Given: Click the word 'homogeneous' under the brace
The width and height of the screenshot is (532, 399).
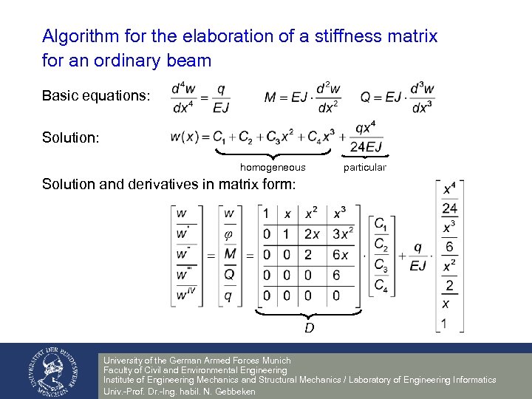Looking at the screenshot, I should tap(273, 168).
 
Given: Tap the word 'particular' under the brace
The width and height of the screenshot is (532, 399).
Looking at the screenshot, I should tap(365, 168).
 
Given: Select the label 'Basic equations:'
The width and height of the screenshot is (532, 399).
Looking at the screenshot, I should tap(96, 96).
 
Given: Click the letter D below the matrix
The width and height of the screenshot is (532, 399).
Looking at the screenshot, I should tap(310, 327).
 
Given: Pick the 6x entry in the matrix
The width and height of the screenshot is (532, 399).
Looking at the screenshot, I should tap(340, 255).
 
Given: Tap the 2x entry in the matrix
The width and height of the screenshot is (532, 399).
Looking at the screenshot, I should tap(311, 234).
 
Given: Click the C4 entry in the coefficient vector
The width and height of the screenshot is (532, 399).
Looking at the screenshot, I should tap(381, 284).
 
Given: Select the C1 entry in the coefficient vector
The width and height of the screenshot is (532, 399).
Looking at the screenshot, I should tap(381, 224).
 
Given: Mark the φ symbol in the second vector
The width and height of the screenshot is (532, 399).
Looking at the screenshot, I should tap(228, 234).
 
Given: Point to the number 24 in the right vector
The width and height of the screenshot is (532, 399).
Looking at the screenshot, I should tap(449, 208).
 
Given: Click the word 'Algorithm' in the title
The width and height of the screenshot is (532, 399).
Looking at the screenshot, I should tap(80, 36).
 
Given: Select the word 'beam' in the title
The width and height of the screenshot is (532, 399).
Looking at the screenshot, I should tap(188, 61).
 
